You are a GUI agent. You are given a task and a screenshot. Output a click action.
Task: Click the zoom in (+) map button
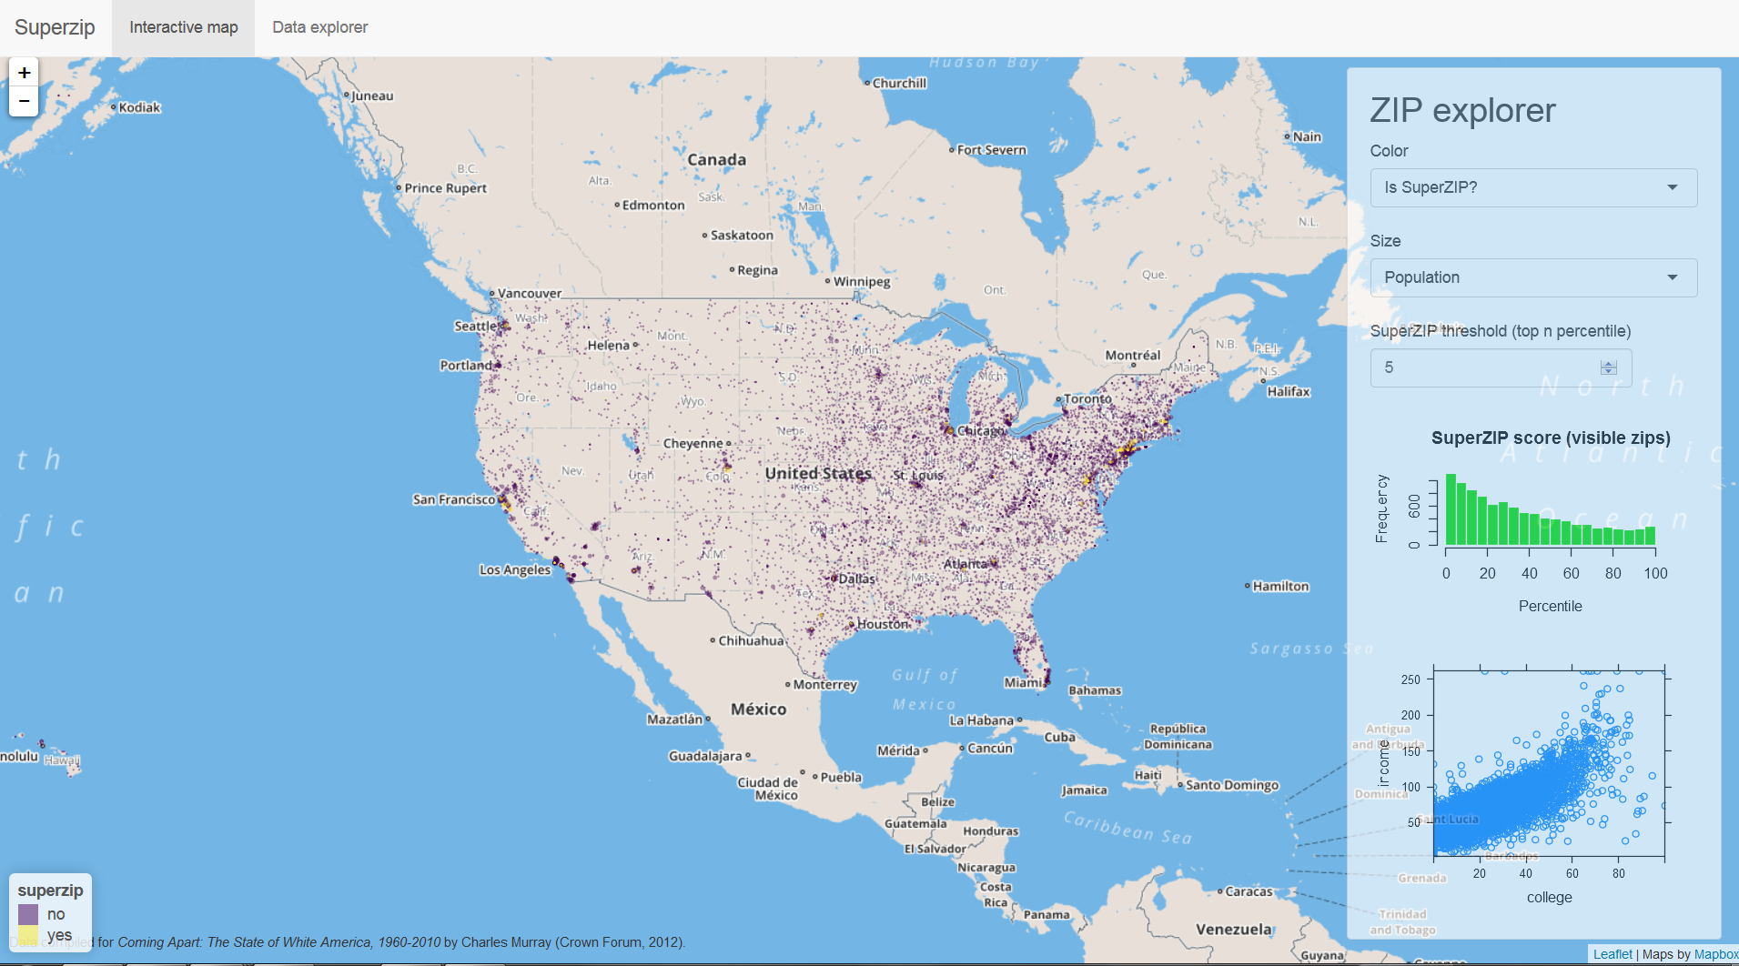click(24, 73)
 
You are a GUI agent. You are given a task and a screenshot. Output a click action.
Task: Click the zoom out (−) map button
click(24, 101)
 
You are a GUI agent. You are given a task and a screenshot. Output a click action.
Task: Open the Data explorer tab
click(319, 27)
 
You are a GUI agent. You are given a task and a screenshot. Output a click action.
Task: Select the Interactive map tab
click(183, 27)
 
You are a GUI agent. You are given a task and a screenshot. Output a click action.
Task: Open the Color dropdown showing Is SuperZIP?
click(1532, 187)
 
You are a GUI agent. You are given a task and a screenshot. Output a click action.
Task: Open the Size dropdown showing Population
click(1532, 277)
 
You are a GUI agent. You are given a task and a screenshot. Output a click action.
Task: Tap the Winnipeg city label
click(861, 281)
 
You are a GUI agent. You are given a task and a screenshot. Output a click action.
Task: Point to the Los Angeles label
click(515, 570)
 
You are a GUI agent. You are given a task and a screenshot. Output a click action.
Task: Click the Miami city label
click(1024, 682)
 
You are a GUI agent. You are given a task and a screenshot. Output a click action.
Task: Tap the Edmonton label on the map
click(652, 206)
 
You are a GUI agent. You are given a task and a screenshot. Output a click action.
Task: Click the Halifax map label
click(1289, 392)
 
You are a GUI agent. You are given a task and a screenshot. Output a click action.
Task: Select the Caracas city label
click(1249, 891)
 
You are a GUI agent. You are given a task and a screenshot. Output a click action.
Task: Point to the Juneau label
click(372, 96)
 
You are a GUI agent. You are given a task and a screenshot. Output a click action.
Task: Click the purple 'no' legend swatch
click(28, 914)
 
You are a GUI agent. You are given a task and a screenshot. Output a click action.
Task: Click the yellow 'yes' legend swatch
click(28, 935)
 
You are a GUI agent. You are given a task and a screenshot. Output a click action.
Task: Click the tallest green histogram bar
click(1451, 509)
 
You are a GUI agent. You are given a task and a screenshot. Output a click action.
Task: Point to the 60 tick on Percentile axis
click(1572, 573)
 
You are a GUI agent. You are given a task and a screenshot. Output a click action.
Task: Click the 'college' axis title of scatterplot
click(1549, 897)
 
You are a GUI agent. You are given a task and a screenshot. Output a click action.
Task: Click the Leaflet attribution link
click(1612, 954)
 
